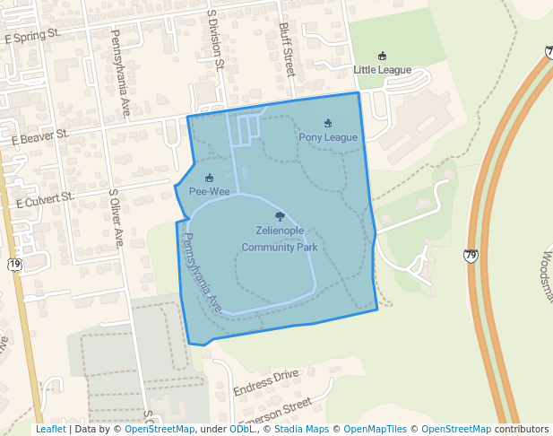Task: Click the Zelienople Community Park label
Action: (280, 239)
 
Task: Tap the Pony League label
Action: (328, 137)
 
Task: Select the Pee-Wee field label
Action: (209, 191)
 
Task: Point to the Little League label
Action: (382, 70)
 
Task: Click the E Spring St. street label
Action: (32, 37)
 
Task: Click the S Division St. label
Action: (215, 39)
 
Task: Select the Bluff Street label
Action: (287, 49)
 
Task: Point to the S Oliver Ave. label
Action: (117, 218)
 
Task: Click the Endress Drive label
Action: (265, 382)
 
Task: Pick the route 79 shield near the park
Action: (471, 256)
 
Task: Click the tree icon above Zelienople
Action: (280, 216)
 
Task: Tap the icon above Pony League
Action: (328, 123)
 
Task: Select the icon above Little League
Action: (383, 56)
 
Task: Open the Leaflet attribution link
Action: (50, 430)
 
